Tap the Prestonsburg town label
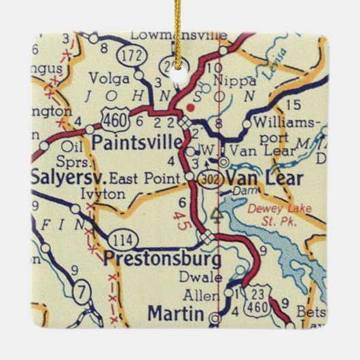[x=163, y=259]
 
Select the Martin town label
[x=175, y=314]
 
